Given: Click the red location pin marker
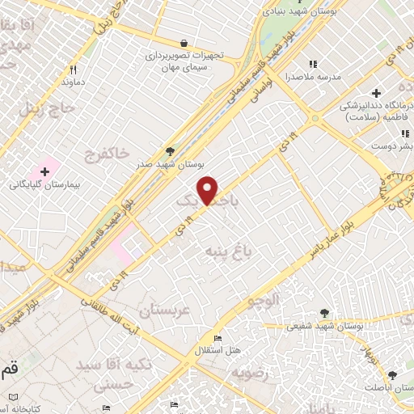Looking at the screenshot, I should [209, 190].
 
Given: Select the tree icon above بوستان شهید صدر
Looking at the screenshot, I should [169, 150].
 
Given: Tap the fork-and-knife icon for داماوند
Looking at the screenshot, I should [73, 70].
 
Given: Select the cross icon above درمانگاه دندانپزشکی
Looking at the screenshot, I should [377, 93].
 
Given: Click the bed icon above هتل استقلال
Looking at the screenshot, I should [217, 338].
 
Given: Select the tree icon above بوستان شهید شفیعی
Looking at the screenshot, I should [324, 312].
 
